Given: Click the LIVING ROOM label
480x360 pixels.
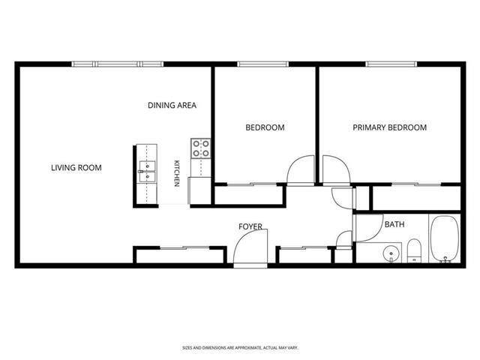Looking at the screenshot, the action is click(x=76, y=168).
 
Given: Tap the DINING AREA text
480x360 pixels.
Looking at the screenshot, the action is click(x=172, y=105).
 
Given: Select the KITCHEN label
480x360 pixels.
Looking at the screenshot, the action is click(x=177, y=173).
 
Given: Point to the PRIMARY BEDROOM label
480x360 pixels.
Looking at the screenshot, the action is click(x=390, y=127).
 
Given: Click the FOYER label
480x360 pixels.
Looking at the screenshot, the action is click(x=250, y=226).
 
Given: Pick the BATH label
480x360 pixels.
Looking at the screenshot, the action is click(x=394, y=224).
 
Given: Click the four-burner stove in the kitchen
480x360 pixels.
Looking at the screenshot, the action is click(x=201, y=148).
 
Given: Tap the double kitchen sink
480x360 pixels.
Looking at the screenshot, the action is click(x=147, y=172).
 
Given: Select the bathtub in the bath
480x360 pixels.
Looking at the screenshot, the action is click(x=445, y=238).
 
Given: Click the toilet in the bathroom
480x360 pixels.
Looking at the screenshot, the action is click(x=415, y=250).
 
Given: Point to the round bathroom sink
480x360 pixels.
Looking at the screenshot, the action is click(x=391, y=253).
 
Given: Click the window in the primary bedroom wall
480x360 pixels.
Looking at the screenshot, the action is click(x=391, y=64).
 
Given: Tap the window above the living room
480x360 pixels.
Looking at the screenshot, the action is click(x=118, y=64).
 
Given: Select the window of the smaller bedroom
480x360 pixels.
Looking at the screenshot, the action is click(x=263, y=64).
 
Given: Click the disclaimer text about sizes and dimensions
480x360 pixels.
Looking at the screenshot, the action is click(x=240, y=348).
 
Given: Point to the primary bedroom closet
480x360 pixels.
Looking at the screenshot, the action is click(x=416, y=198).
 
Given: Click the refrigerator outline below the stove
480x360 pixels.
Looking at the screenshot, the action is click(x=199, y=190).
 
